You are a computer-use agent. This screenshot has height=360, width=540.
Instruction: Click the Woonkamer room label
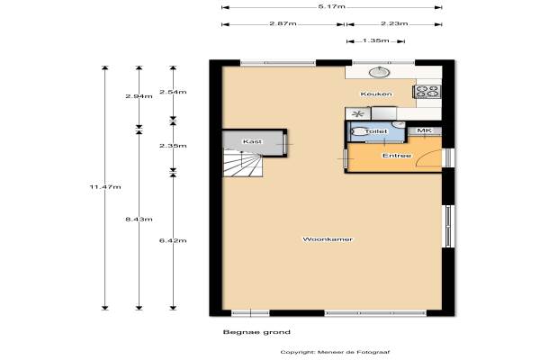(328, 239)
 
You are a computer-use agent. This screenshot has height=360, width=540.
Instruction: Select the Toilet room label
(375, 131)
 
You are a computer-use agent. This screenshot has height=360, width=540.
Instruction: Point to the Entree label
(396, 156)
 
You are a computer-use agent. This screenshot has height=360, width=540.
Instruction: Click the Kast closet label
(252, 141)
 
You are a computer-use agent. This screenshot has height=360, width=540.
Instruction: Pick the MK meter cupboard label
(424, 130)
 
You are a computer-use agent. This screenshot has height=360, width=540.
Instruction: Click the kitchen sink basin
(379, 72)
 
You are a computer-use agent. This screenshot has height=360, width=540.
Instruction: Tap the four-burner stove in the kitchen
(427, 91)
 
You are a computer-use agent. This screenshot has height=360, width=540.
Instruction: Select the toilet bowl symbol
(358, 131)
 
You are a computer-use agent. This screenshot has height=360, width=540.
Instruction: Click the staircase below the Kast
(243, 163)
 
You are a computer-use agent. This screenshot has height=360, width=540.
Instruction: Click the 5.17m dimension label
(331, 6)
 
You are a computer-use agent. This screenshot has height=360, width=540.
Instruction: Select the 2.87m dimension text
(283, 23)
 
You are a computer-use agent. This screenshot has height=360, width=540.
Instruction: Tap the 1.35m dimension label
(375, 40)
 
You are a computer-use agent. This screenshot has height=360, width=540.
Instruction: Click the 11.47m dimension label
(105, 186)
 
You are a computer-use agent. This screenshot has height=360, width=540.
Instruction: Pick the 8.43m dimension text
(139, 219)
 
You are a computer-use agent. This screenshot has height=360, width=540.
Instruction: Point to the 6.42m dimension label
(173, 240)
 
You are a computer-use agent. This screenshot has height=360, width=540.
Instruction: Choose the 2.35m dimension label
(173, 146)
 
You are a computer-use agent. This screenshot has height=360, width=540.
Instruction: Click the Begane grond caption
(256, 332)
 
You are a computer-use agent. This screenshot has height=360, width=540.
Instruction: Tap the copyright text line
(335, 352)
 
